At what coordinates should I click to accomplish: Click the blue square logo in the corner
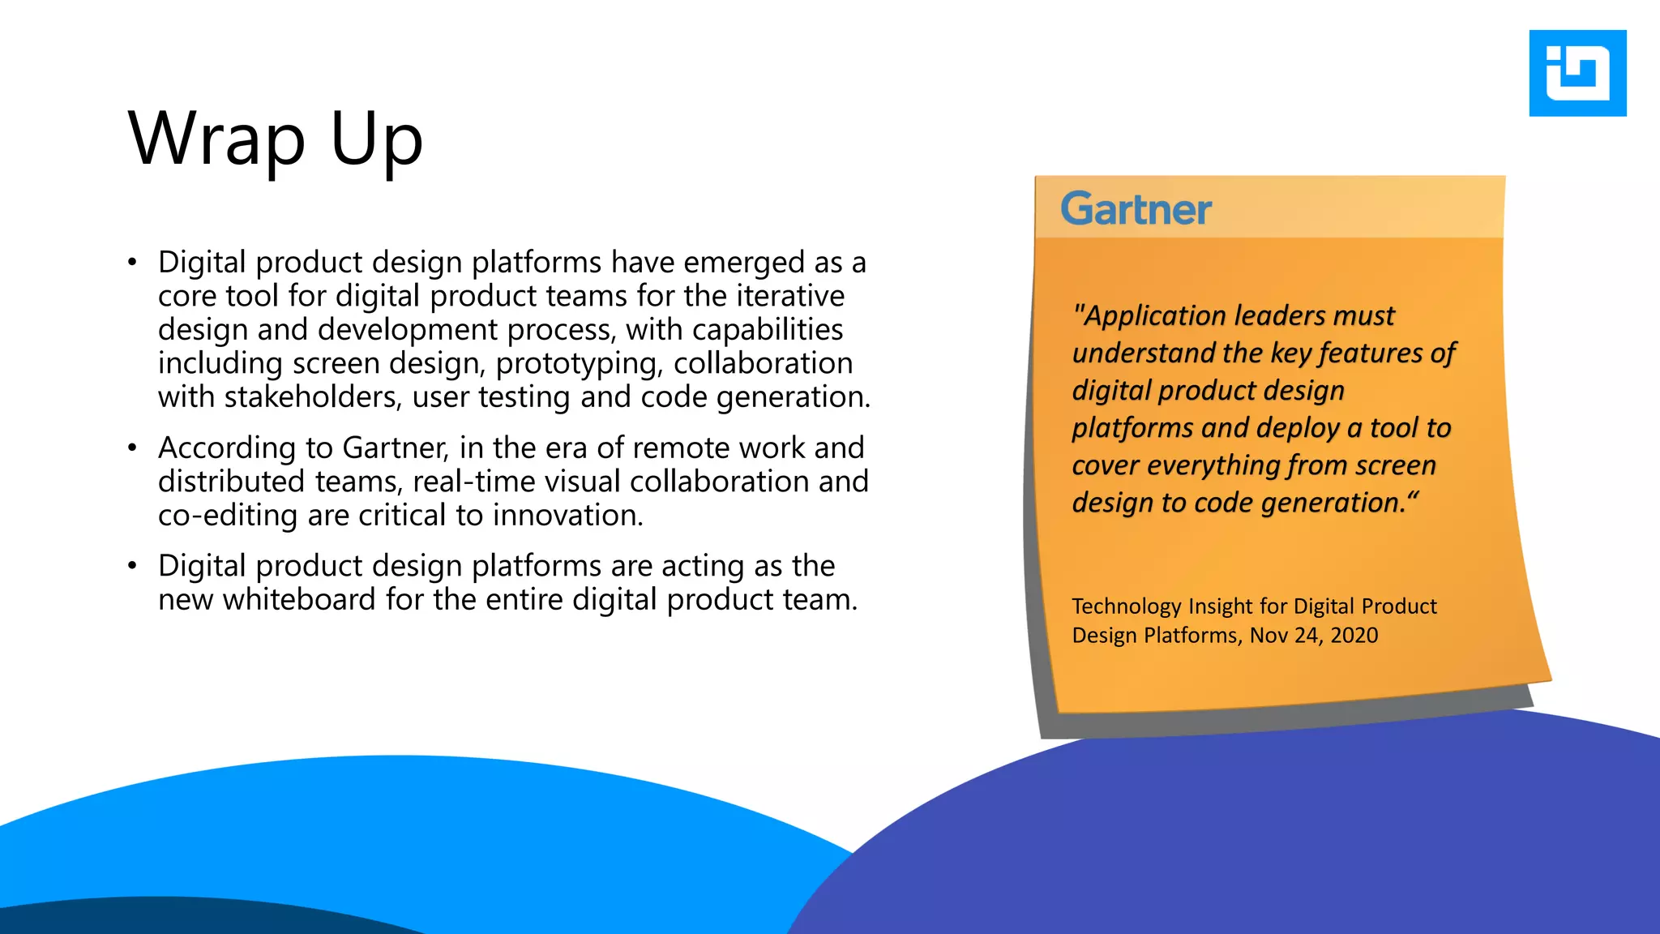click(1577, 73)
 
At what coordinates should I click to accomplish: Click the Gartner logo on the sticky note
click(1136, 209)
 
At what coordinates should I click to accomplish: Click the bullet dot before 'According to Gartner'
click(132, 448)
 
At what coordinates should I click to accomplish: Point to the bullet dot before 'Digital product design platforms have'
click(132, 263)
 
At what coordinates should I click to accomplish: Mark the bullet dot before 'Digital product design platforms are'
click(132, 566)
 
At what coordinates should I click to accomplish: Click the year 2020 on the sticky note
click(1354, 635)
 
